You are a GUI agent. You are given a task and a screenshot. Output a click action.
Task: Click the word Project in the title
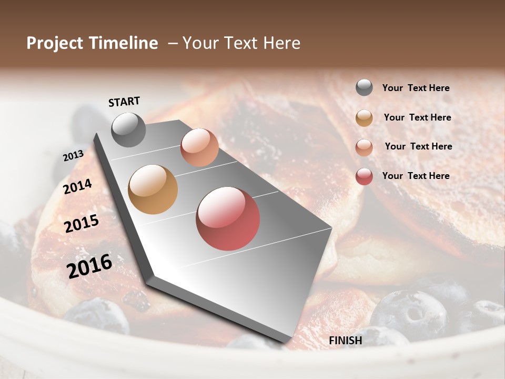click(x=53, y=43)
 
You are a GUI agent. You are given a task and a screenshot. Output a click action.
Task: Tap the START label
click(x=124, y=102)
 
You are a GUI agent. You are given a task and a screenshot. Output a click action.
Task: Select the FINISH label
click(x=346, y=341)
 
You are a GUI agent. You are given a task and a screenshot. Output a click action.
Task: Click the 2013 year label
click(x=73, y=156)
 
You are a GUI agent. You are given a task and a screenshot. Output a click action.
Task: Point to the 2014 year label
click(x=78, y=186)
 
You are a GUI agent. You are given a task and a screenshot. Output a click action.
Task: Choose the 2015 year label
click(x=82, y=224)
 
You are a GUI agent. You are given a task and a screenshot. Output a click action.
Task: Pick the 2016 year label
click(x=89, y=266)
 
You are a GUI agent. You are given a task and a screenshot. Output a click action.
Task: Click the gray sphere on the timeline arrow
click(x=129, y=130)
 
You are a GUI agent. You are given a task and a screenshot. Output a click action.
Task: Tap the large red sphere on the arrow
click(x=228, y=218)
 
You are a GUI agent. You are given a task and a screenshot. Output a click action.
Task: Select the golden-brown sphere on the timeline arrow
click(x=153, y=189)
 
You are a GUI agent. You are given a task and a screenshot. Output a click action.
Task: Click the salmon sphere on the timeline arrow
click(x=199, y=147)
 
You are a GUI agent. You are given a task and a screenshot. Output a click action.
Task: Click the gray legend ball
click(x=364, y=88)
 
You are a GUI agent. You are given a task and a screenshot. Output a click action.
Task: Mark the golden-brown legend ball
click(x=364, y=118)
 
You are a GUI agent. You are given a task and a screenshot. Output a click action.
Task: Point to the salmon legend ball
click(x=364, y=147)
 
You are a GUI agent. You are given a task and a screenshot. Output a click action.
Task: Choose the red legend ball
click(x=364, y=176)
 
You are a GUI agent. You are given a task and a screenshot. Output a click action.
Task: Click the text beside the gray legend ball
click(x=416, y=88)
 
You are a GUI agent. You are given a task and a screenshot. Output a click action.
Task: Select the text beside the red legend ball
click(x=416, y=176)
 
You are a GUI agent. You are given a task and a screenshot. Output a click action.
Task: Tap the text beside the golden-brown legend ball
click(x=418, y=117)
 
